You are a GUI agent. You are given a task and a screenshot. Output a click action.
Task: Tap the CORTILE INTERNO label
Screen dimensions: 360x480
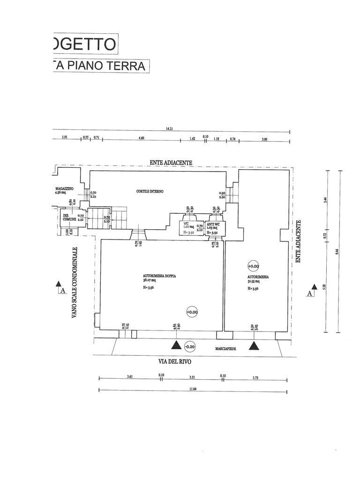pyautogui.click(x=150, y=192)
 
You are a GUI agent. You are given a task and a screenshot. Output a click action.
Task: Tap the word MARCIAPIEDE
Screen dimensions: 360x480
pyautogui.click(x=226, y=349)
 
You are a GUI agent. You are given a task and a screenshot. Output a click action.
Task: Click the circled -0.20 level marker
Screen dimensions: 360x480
pyautogui.click(x=190, y=347)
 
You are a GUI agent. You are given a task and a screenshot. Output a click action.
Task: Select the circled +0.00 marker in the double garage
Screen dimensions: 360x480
pyautogui.click(x=192, y=312)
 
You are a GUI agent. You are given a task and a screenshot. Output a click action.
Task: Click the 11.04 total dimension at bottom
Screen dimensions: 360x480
pyautogui.click(x=193, y=389)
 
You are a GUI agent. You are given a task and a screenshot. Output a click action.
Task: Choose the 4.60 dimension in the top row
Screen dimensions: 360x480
pyautogui.click(x=142, y=138)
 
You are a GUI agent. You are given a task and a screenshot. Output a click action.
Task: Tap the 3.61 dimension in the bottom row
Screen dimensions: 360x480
pyautogui.click(x=130, y=376)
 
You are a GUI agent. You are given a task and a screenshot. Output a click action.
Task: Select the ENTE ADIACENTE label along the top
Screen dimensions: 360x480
pyautogui.click(x=171, y=162)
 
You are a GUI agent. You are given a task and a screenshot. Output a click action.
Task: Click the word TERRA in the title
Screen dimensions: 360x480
pyautogui.click(x=127, y=66)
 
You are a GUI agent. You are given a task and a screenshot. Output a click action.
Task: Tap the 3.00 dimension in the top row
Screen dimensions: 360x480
pyautogui.click(x=264, y=139)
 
